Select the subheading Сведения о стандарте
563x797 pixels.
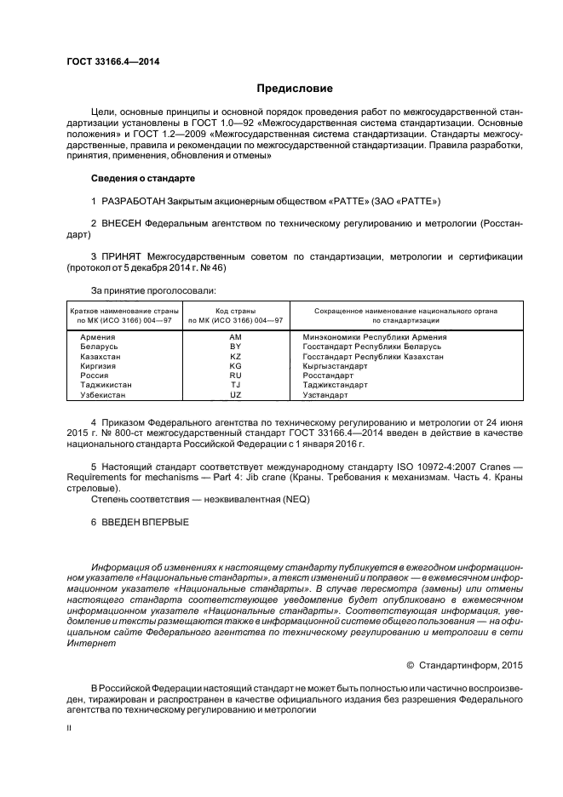point(143,179)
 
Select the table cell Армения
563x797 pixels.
point(97,338)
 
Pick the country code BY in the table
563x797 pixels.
point(236,347)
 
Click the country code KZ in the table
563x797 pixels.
point(236,357)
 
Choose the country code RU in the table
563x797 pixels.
point(236,376)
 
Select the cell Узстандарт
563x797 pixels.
point(325,395)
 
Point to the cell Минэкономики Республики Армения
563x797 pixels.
point(375,338)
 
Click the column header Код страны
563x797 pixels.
point(236,311)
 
